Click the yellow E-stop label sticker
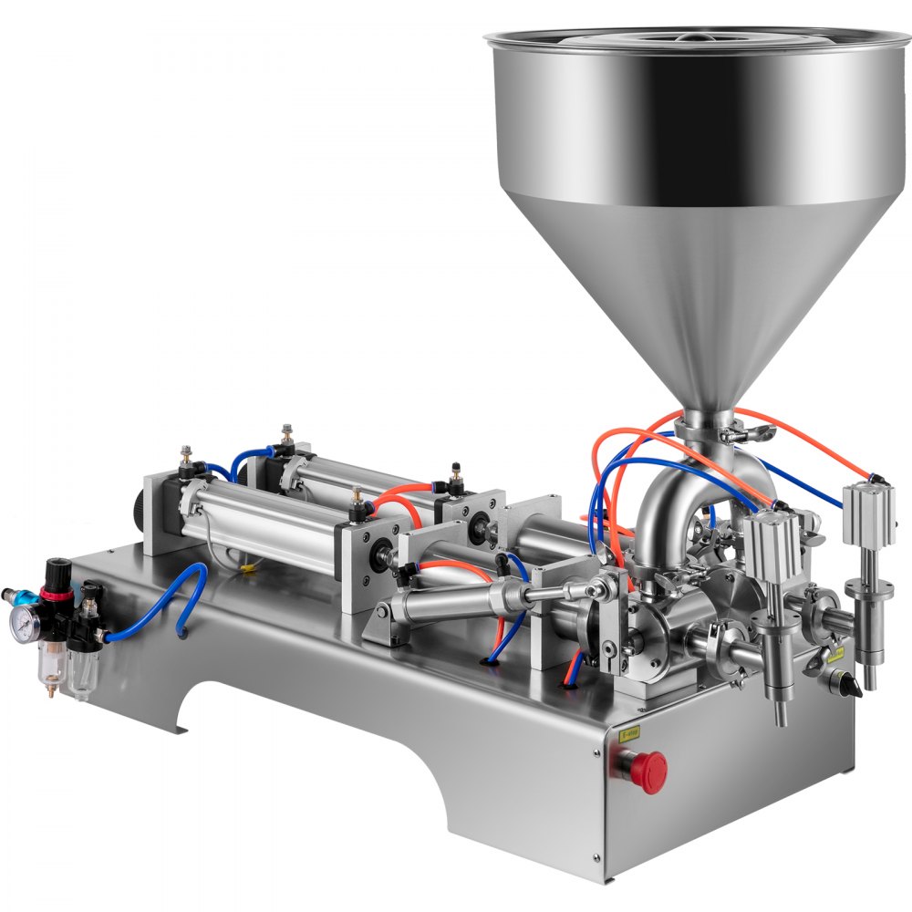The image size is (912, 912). coord(629,731)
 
